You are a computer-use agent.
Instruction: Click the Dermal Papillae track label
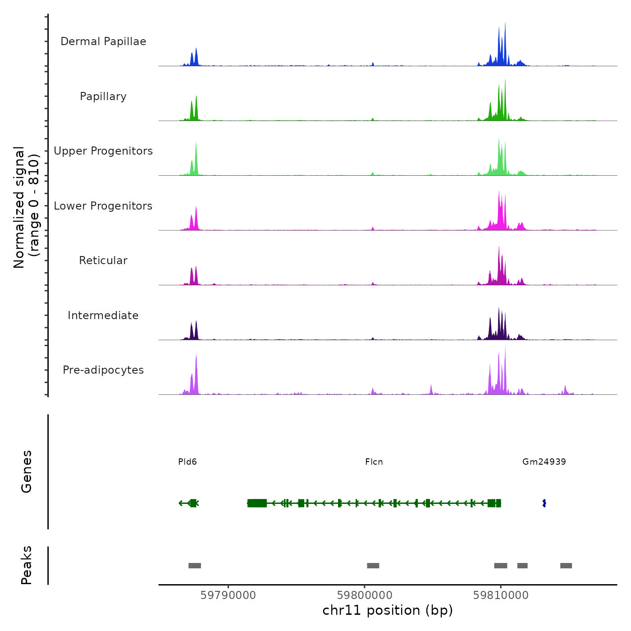click(x=103, y=41)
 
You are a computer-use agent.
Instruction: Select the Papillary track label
click(x=103, y=96)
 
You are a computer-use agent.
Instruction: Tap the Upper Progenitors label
click(x=103, y=151)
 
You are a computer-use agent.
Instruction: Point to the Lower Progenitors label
click(x=103, y=206)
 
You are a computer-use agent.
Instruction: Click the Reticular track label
click(x=103, y=261)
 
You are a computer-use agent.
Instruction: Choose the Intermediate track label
click(x=103, y=315)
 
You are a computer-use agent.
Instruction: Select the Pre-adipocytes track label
click(x=103, y=370)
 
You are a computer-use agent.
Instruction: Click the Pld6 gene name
click(x=187, y=462)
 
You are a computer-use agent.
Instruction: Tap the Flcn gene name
click(x=374, y=462)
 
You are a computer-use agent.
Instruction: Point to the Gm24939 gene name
click(x=544, y=462)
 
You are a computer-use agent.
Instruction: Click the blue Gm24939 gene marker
click(x=544, y=503)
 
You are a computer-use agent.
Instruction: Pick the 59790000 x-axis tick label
click(x=228, y=595)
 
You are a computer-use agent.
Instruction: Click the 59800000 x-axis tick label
click(x=365, y=595)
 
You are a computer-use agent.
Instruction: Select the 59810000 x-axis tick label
click(x=501, y=595)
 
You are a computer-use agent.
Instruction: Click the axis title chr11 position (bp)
click(x=388, y=610)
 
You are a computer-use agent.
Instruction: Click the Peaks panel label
click(x=27, y=565)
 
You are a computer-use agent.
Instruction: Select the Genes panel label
click(x=27, y=471)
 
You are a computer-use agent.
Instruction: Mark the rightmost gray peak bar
click(x=566, y=566)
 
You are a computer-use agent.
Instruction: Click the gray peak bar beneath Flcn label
click(x=373, y=566)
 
